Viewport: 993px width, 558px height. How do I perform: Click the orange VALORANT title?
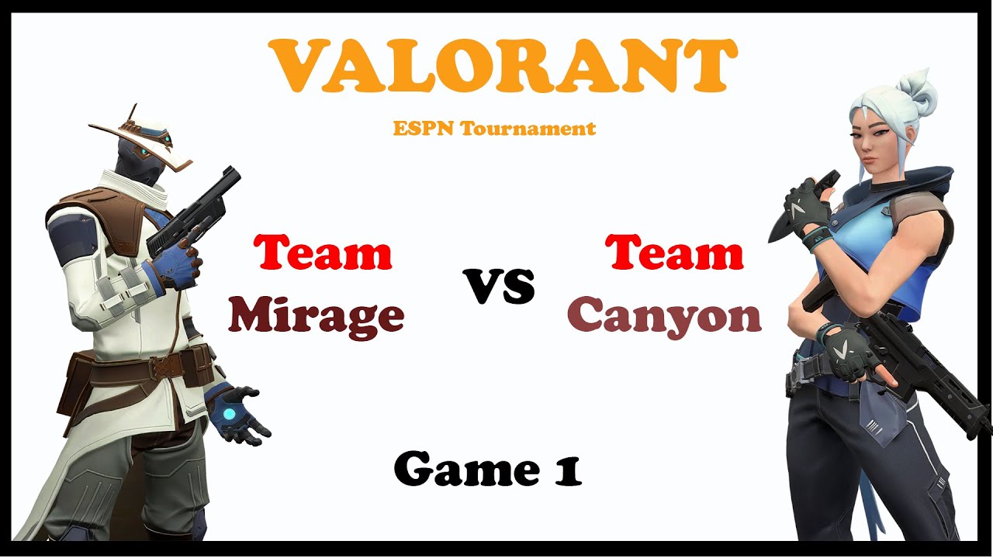(x=502, y=67)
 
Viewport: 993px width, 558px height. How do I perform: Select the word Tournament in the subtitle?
(x=528, y=129)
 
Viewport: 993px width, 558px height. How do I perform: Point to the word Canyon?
(x=664, y=316)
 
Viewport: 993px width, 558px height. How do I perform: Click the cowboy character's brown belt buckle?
(x=168, y=367)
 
